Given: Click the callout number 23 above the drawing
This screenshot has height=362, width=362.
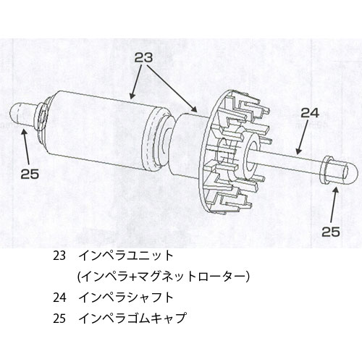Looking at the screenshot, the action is [x=143, y=58].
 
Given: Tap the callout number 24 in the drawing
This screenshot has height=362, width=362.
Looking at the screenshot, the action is [x=310, y=113].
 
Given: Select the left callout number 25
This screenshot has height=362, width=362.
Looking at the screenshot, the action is [x=30, y=174].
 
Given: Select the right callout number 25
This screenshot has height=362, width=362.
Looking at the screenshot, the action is [x=331, y=232].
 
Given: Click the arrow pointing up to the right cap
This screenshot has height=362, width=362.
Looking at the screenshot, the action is [x=333, y=205].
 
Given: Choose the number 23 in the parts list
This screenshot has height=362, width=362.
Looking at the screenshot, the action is [x=59, y=256].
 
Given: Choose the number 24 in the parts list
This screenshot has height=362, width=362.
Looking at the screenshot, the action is [x=59, y=298].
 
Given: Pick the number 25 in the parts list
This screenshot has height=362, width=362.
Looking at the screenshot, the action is [x=59, y=319].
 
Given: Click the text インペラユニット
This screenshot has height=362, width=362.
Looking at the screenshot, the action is [x=126, y=256].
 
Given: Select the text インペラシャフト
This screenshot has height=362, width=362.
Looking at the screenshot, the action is [x=126, y=298].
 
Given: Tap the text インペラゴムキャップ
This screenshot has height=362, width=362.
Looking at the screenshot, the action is [x=132, y=319].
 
